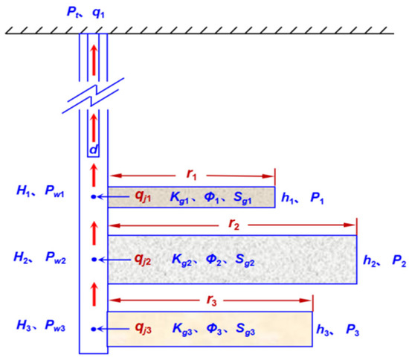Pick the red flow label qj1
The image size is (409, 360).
pyautogui.click(x=143, y=197)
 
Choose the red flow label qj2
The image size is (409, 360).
pyautogui.click(x=143, y=260)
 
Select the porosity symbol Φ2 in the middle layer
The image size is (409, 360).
pyautogui.click(x=217, y=260)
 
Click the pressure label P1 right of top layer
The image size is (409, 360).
pyautogui.click(x=317, y=197)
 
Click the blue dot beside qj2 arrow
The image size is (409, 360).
pyautogui.click(x=93, y=260)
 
